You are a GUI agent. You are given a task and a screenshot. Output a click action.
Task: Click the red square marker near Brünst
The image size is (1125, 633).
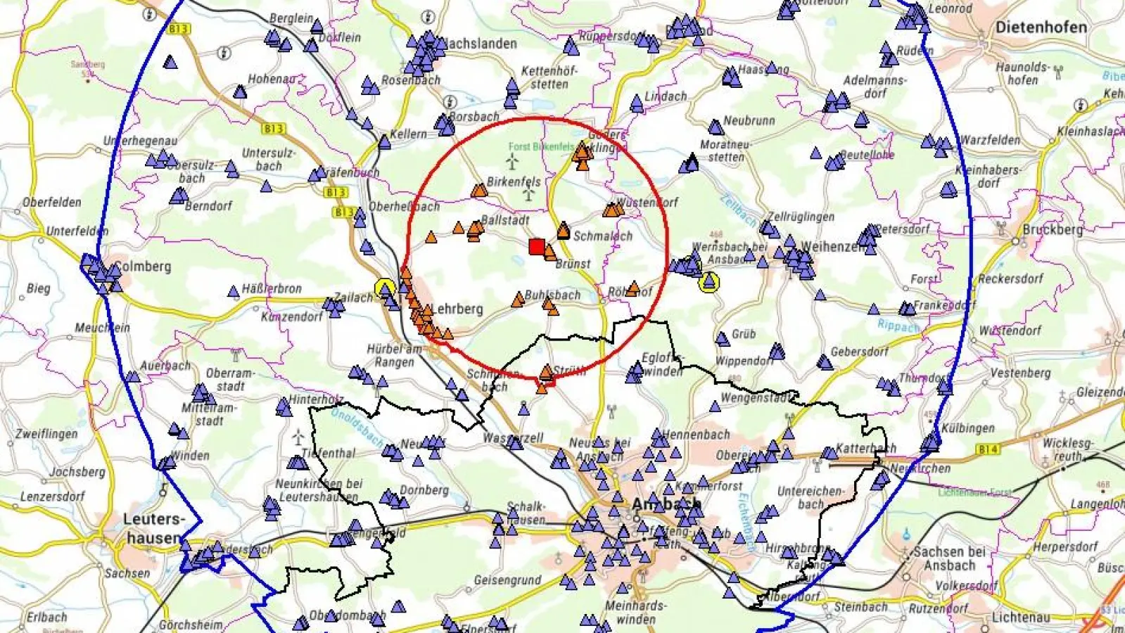[537, 246]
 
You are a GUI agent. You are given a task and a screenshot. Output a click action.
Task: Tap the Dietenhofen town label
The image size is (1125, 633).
[1041, 27]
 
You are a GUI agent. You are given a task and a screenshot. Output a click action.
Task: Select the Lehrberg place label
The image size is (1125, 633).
[457, 309]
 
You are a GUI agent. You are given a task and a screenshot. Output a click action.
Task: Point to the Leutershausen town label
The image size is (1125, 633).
[153, 528]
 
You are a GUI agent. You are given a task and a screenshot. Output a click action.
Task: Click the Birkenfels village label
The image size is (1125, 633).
[514, 181]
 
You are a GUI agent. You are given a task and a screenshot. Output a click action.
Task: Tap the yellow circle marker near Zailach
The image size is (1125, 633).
[384, 288]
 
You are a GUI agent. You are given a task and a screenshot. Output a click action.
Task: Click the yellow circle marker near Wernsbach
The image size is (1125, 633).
[709, 283]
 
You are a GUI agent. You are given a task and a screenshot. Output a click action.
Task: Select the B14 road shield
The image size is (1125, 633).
[987, 449]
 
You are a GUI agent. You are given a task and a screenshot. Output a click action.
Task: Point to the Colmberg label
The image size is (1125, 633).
[143, 267]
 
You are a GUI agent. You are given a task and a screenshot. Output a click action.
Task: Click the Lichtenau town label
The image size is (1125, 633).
[1021, 617]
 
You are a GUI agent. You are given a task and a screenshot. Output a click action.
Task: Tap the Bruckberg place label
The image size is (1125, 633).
[1053, 229]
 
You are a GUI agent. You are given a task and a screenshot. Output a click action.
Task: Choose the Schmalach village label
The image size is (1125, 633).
[603, 236]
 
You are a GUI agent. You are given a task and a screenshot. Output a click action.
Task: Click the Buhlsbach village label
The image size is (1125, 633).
[553, 295]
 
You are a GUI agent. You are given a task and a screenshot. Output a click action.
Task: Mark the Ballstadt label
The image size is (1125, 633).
[505, 220]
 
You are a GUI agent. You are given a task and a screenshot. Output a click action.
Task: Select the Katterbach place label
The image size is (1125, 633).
[865, 448]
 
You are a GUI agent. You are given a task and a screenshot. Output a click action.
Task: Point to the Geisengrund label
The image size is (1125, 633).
[507, 580]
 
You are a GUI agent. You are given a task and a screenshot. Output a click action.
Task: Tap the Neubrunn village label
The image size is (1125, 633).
[749, 121]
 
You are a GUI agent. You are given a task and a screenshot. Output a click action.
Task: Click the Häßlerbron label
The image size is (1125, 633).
[272, 288]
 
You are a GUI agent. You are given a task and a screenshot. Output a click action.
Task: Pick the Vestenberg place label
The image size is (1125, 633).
[1020, 373]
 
